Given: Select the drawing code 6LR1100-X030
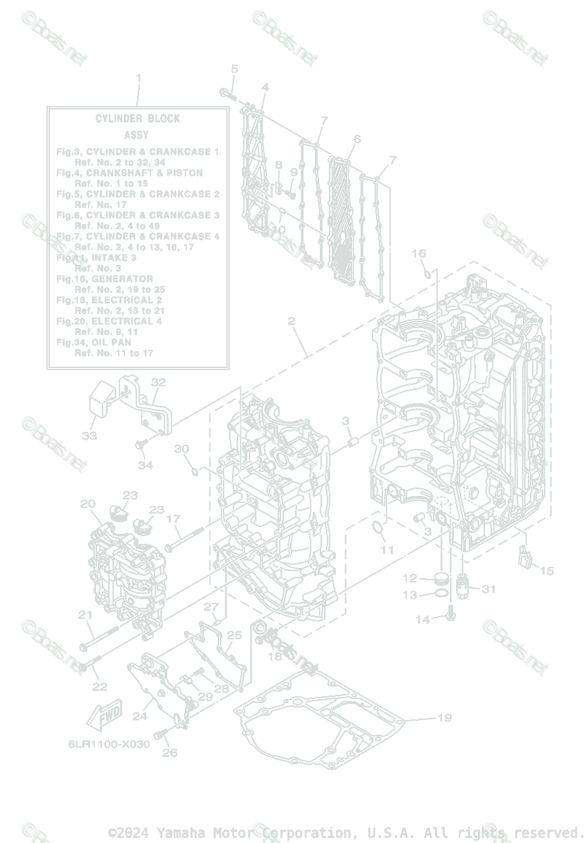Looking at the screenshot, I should click(x=109, y=744).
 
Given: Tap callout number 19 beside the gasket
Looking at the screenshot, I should click(x=443, y=717).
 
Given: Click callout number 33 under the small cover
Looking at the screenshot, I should click(x=89, y=436).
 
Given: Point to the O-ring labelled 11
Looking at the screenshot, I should click(x=377, y=528).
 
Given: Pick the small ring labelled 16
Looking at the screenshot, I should click(x=427, y=271).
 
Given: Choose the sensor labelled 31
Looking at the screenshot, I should click(x=464, y=583).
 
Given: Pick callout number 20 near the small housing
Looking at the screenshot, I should click(x=87, y=504).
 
